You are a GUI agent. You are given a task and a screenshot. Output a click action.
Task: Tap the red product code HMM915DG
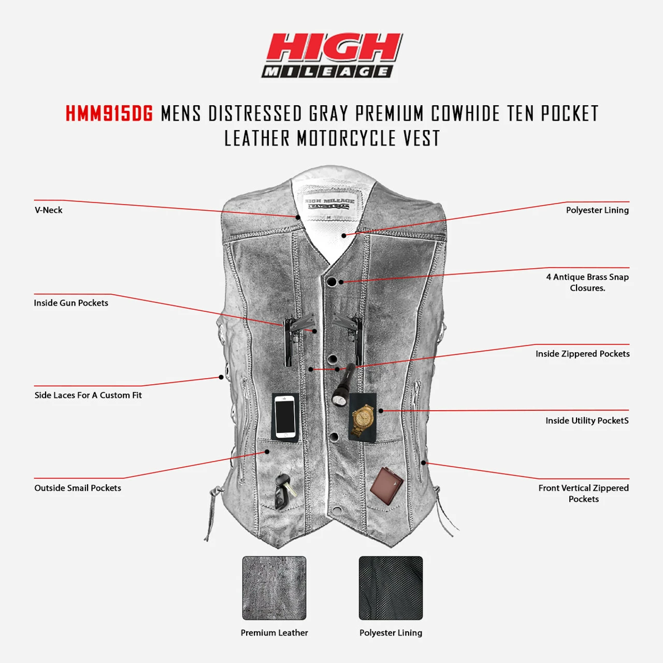pyautogui.click(x=109, y=113)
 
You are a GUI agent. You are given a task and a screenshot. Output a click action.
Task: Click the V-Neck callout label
pyautogui.click(x=49, y=210)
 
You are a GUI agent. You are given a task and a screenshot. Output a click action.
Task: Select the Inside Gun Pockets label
pyautogui.click(x=71, y=303)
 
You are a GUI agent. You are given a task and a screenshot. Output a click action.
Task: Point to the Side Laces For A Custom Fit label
pyautogui.click(x=88, y=395)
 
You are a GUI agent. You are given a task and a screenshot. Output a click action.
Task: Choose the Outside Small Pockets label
pyautogui.click(x=78, y=488)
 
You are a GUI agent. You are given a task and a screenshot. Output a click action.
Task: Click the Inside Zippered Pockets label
pyautogui.click(x=583, y=354)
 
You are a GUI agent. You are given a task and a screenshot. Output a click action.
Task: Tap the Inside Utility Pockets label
pyautogui.click(x=587, y=421)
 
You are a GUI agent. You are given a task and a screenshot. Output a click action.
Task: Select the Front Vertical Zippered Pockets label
pyautogui.click(x=584, y=494)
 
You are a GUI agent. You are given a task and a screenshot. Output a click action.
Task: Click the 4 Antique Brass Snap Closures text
pyautogui.click(x=587, y=282)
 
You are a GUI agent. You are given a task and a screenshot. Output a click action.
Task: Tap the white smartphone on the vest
pyautogui.click(x=285, y=416)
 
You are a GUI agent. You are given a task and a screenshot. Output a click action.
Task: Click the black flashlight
pyautogui.click(x=343, y=384)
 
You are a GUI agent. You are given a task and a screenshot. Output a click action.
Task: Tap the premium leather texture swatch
pyautogui.click(x=274, y=588)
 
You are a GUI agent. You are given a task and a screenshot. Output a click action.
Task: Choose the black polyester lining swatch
pyautogui.click(x=391, y=588)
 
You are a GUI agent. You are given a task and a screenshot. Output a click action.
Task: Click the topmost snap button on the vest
pyautogui.click(x=331, y=282)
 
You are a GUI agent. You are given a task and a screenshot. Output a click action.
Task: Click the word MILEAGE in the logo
pyautogui.click(x=326, y=71)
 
